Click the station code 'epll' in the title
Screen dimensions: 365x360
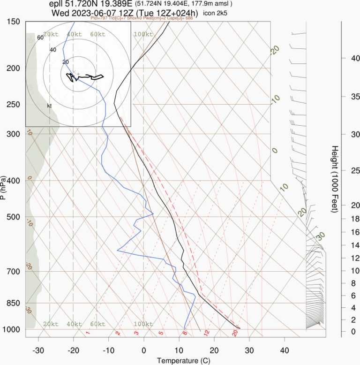coord(57,4)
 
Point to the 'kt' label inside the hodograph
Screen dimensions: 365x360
coord(49,106)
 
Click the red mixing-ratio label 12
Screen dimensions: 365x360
coord(206,333)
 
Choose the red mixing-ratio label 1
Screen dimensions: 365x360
coord(88,333)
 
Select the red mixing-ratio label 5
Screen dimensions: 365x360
coord(161,333)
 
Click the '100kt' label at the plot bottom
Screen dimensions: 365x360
coord(143,324)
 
